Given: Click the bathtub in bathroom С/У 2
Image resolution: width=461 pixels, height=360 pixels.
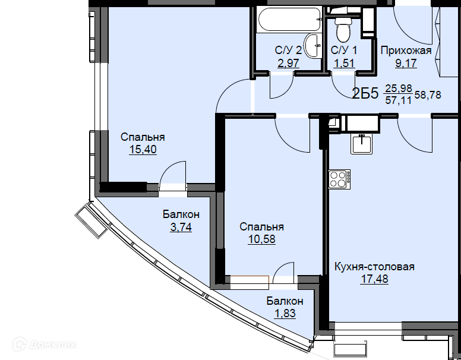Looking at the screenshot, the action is click(x=288, y=19).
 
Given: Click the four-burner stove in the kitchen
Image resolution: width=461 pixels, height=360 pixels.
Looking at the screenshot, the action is click(x=339, y=179).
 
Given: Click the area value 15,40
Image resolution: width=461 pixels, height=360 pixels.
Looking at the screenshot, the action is click(x=143, y=150).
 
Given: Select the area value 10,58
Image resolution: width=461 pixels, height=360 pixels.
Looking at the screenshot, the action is click(x=261, y=239).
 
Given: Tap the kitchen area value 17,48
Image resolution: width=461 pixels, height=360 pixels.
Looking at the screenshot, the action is click(x=374, y=279).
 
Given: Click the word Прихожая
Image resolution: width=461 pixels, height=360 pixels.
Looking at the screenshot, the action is click(x=406, y=50).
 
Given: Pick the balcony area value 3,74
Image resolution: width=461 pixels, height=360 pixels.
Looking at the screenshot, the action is click(x=181, y=227).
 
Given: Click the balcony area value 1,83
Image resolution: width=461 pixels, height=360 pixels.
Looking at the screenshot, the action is click(x=285, y=314).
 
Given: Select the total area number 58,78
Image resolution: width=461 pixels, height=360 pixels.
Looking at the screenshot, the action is click(x=428, y=95).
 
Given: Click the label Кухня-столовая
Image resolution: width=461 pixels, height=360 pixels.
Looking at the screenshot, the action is click(x=374, y=267).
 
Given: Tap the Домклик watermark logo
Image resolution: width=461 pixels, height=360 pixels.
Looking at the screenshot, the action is click(x=45, y=344).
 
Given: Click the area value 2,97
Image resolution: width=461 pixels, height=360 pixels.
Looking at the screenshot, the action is click(x=288, y=63).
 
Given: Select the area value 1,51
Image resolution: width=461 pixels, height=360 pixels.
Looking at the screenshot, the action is click(x=344, y=63).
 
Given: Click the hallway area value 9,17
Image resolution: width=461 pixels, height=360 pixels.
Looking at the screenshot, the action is click(x=406, y=63).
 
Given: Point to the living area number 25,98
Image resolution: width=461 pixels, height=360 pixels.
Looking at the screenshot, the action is click(x=399, y=88).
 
